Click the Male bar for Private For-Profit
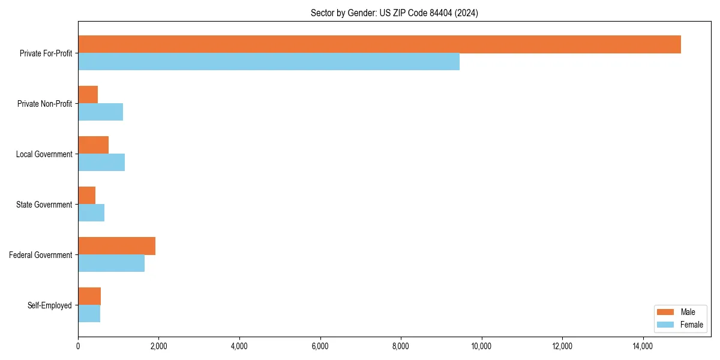pos(379,44)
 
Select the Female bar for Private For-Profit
pos(269,62)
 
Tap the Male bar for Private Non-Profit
pos(88,95)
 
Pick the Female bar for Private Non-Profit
pos(100,112)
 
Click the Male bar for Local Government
pos(93,145)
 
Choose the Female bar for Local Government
pos(101,163)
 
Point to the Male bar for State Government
pos(86,196)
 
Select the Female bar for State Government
pos(91,213)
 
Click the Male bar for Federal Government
pos(116,246)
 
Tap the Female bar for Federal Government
pos(111,263)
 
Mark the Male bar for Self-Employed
pos(89,296)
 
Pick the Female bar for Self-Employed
pos(89,314)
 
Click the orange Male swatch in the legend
pos(666,312)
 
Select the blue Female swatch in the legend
pos(666,325)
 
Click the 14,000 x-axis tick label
pos(643,346)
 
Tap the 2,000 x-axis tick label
pos(158,346)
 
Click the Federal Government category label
pos(41,255)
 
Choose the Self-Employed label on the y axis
pos(50,305)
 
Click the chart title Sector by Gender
pos(394,13)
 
